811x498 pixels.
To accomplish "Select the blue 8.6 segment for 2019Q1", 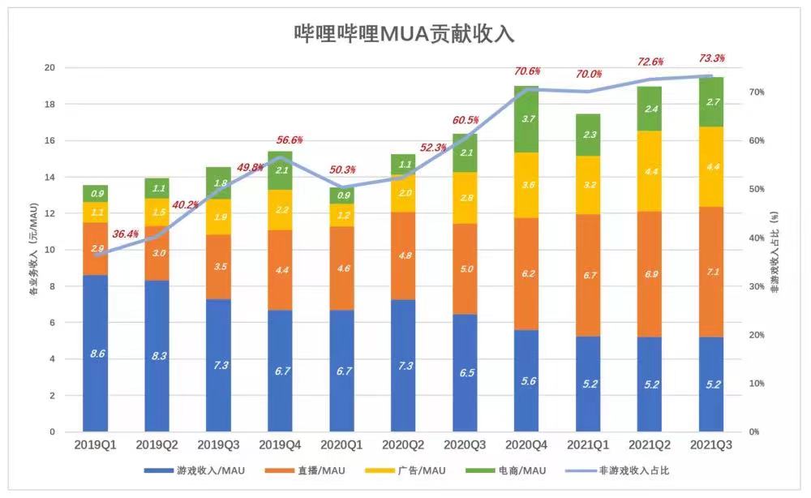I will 95,354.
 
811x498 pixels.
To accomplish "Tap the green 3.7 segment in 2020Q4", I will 526,119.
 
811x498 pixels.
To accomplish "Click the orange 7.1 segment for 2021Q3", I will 712,272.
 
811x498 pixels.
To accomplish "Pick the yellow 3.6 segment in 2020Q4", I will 526,185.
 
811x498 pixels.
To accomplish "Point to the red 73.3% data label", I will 711,58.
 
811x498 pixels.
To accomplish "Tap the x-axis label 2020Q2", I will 403,445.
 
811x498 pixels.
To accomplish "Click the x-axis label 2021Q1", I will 588,445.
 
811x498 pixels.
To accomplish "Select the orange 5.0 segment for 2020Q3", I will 465,269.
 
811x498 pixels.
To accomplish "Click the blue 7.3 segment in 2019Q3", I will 218,366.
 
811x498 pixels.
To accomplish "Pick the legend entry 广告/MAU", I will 410,470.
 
